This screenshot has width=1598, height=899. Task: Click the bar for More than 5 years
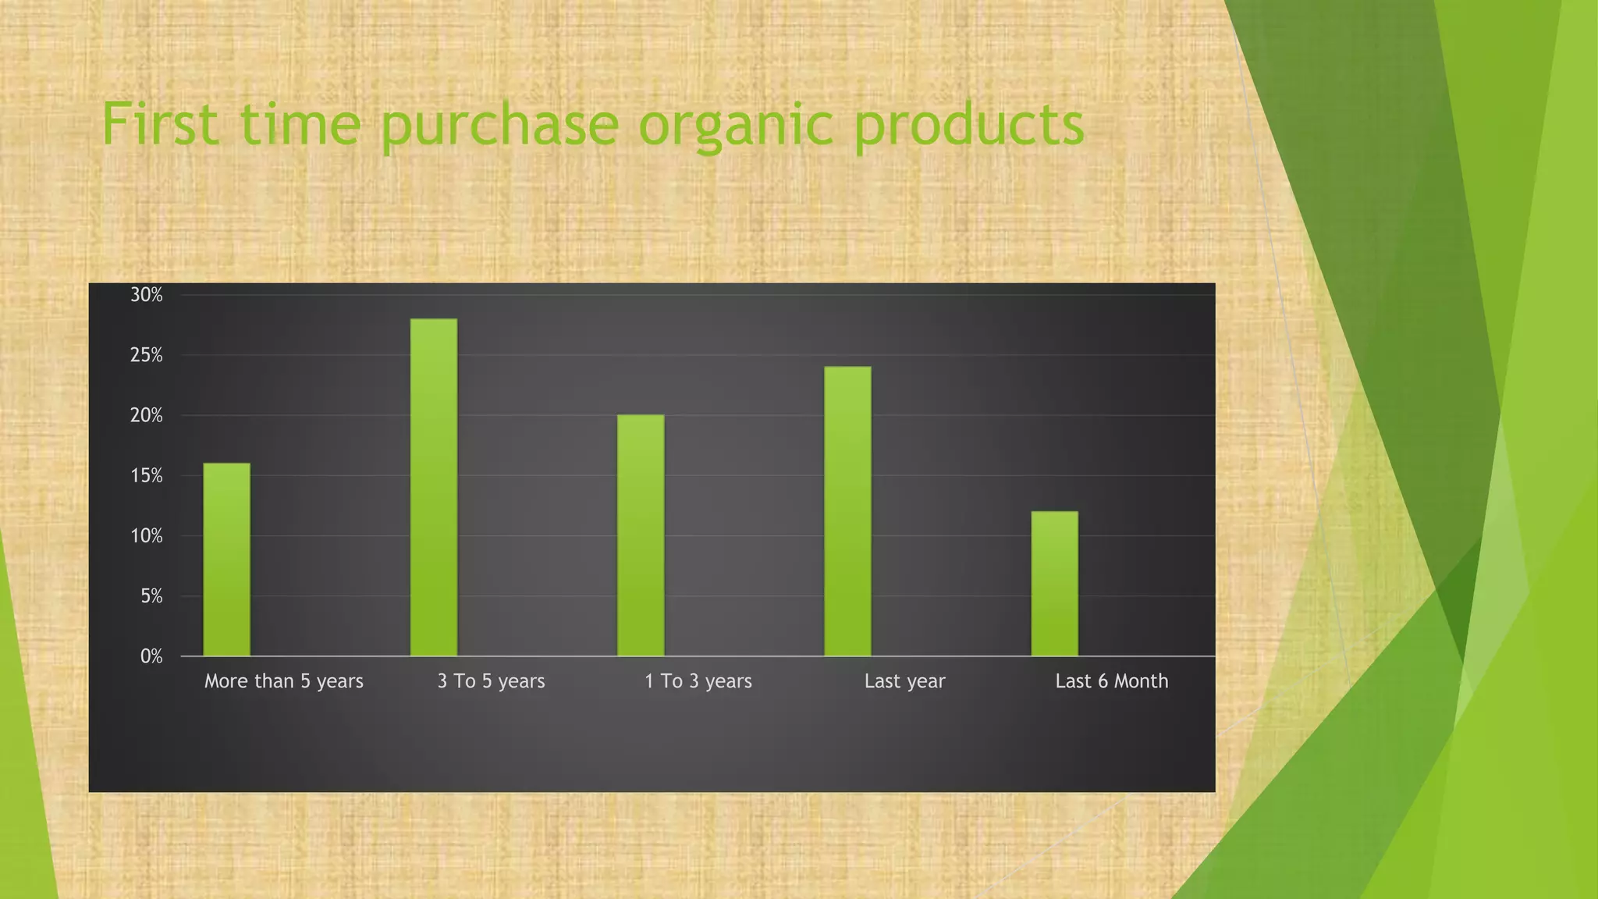pyautogui.click(x=226, y=560)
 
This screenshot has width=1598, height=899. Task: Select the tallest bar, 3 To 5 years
pyautogui.click(x=434, y=488)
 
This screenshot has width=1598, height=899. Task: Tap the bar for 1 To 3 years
pyautogui.click(x=641, y=535)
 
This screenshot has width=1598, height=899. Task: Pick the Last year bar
pyautogui.click(x=847, y=511)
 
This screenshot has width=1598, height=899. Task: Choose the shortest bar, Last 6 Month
pyautogui.click(x=1054, y=584)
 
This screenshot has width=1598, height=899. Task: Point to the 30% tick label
pyautogui.click(x=147, y=295)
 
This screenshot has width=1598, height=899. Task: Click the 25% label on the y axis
pyautogui.click(x=147, y=356)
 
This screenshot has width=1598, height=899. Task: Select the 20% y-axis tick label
pyautogui.click(x=147, y=416)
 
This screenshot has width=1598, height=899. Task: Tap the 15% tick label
pyautogui.click(x=147, y=476)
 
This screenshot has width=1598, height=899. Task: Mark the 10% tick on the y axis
pyautogui.click(x=147, y=536)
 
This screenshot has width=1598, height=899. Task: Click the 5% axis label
pyautogui.click(x=151, y=597)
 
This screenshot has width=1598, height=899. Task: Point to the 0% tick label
pyautogui.click(x=151, y=657)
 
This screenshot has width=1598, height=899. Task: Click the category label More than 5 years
pyautogui.click(x=284, y=681)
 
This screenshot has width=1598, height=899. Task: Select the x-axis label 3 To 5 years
pyautogui.click(x=491, y=681)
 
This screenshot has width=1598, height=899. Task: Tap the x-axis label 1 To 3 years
pyautogui.click(x=698, y=681)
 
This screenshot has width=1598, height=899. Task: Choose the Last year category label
pyautogui.click(x=904, y=681)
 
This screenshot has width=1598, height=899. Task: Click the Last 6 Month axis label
pyautogui.click(x=1112, y=681)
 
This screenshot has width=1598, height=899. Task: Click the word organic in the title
pyautogui.click(x=736, y=125)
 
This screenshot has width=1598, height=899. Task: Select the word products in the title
pyautogui.click(x=968, y=125)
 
